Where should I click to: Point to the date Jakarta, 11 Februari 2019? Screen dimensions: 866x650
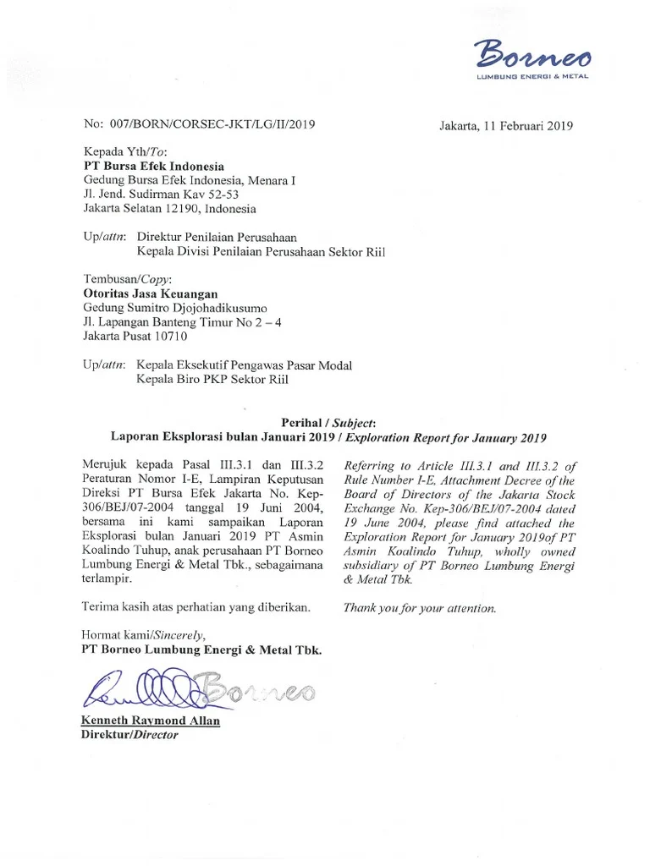[506, 127]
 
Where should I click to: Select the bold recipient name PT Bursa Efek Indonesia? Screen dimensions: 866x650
[153, 167]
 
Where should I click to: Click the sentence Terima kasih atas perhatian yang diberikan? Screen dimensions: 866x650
[196, 606]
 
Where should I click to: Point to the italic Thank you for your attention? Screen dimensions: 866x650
[420, 607]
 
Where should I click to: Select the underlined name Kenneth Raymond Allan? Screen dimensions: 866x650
[151, 721]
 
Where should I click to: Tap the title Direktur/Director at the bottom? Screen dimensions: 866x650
[129, 735]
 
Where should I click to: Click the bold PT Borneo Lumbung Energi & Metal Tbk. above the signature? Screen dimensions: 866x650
[201, 649]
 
